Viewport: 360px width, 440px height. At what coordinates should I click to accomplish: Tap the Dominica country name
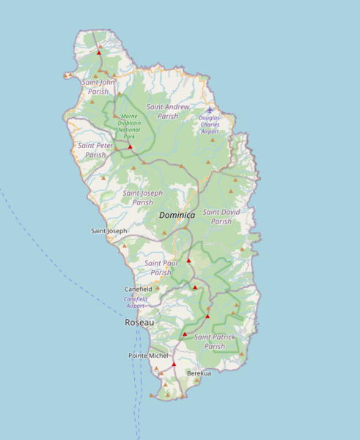coord(177,215)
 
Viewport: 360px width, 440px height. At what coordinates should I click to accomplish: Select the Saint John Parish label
coord(98,87)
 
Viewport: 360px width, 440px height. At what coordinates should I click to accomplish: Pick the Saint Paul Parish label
coord(161,267)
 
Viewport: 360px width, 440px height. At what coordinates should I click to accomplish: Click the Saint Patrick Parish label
coord(215,342)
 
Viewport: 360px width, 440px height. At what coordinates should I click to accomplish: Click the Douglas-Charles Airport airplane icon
coord(210,110)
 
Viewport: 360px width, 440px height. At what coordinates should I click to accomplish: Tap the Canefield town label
coord(138,289)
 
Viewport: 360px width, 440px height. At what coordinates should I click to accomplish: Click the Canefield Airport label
coord(136,302)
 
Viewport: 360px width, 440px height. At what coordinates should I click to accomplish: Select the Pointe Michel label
coord(148,356)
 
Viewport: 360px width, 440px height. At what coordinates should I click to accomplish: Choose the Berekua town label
coord(199,373)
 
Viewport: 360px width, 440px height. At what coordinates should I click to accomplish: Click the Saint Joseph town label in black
coord(109,231)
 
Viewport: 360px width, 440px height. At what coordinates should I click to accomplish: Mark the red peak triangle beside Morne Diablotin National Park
coord(131,147)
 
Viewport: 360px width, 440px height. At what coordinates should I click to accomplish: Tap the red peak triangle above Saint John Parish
coord(99,53)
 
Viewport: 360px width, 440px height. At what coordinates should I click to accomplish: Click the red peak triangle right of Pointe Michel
coord(174,364)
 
